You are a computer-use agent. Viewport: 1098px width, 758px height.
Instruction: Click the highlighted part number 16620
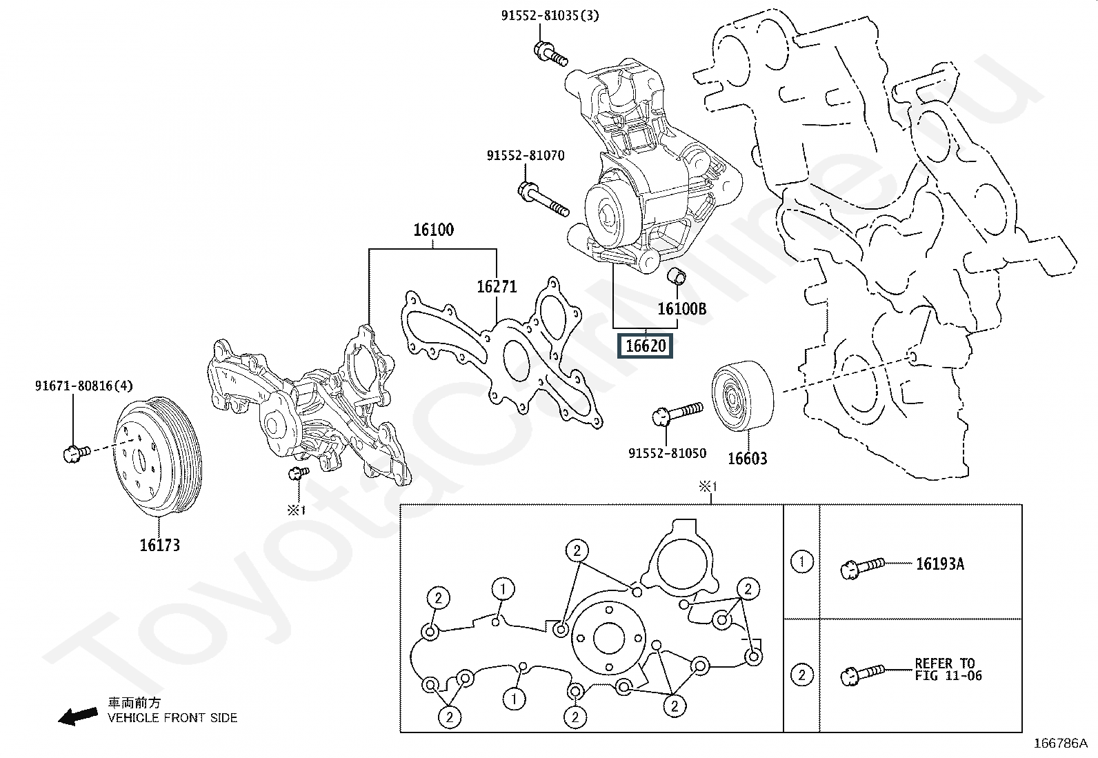pyautogui.click(x=646, y=346)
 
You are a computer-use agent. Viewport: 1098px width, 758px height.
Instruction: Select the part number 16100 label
pyautogui.click(x=433, y=230)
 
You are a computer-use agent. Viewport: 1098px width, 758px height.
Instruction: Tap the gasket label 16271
pyautogui.click(x=497, y=286)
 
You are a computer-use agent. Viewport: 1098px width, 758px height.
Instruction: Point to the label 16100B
pyautogui.click(x=681, y=308)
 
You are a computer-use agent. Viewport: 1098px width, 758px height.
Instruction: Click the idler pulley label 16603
pyautogui.click(x=747, y=459)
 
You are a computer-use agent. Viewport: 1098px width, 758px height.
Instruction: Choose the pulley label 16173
pyautogui.click(x=160, y=545)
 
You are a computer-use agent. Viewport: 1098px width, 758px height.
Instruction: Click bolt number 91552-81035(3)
pyautogui.click(x=550, y=16)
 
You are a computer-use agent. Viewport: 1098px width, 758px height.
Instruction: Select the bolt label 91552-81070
pyautogui.click(x=526, y=155)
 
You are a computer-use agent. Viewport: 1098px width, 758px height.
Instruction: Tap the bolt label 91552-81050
pyautogui.click(x=667, y=452)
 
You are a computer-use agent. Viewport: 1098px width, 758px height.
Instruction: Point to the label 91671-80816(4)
pyautogui.click(x=84, y=386)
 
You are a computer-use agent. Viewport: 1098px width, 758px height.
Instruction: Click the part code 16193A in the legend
pyautogui.click(x=939, y=563)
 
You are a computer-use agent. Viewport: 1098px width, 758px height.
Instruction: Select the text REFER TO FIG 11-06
pyautogui.click(x=948, y=669)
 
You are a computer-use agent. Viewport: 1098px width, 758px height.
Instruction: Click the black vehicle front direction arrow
pyautogui.click(x=78, y=716)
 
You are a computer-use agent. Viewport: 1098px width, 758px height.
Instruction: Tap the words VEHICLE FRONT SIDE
pyautogui.click(x=172, y=718)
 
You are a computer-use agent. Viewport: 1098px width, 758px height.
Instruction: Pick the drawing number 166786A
pyautogui.click(x=1060, y=744)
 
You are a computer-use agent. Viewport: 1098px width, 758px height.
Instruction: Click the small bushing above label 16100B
pyautogui.click(x=677, y=276)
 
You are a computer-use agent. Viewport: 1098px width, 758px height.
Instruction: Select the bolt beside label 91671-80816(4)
pyautogui.click(x=77, y=453)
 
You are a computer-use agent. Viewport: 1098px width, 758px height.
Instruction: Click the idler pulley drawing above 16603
pyautogui.click(x=743, y=396)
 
